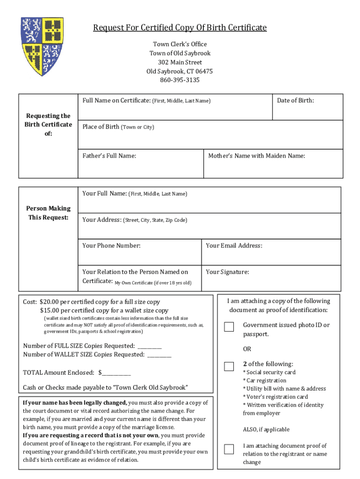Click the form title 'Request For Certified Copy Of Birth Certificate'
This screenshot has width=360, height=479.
coord(180,28)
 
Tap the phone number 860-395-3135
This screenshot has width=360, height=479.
coord(180,80)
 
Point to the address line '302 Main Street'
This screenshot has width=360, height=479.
coord(180,62)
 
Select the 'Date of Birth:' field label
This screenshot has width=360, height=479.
coord(295,101)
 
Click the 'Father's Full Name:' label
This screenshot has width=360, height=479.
coord(109,156)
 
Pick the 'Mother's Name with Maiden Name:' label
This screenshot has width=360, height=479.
coord(257,156)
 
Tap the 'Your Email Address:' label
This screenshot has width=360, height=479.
coord(234,246)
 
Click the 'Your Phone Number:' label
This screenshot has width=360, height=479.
coord(111,246)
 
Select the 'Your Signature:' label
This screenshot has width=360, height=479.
coord(227,272)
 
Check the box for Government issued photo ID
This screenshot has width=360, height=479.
coord(229,327)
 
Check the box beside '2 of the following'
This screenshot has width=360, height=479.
coord(229,366)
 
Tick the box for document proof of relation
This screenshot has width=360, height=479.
coord(229,449)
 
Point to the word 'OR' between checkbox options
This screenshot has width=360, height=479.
coord(247,349)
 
